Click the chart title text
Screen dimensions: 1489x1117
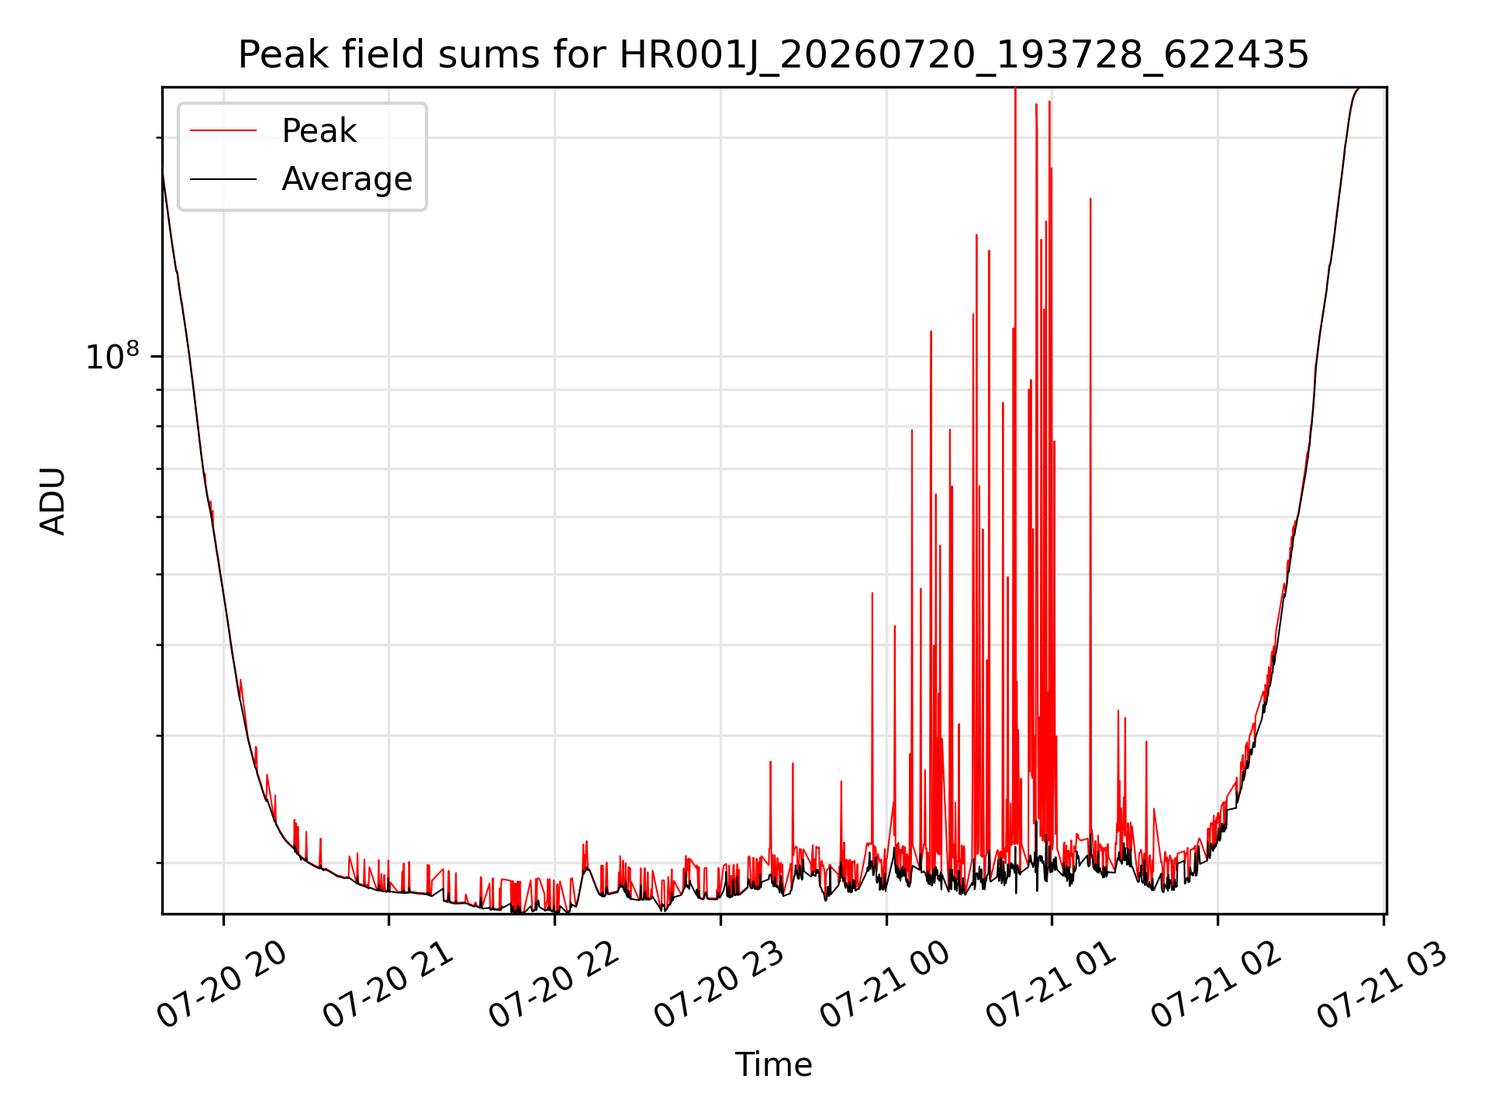773,55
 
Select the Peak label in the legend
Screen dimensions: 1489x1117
319,131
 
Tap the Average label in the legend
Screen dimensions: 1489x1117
347,179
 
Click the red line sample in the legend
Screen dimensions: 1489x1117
223,131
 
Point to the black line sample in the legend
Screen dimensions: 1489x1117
223,179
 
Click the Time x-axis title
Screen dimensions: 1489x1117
773,1065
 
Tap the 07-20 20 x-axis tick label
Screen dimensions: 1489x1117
223,985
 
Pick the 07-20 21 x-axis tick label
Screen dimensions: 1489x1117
388,985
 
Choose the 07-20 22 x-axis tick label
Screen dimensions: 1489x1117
554,985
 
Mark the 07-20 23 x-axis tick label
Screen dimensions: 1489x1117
720,985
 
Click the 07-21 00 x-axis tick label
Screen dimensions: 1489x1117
886,985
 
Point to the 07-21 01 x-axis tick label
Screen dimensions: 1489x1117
1052,985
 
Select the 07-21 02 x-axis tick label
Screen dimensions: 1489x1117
1217,985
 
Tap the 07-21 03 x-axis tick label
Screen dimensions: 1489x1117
1383,985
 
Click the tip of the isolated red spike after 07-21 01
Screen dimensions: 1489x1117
1090,199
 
